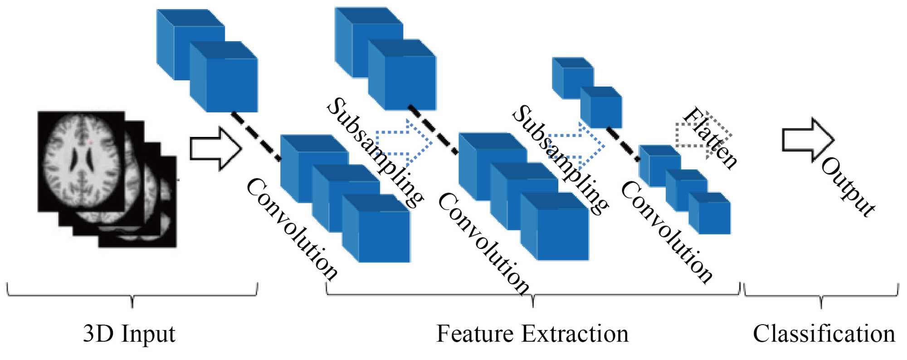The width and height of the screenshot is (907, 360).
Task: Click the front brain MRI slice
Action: coord(81,161)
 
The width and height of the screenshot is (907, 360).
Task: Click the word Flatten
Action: coord(710,138)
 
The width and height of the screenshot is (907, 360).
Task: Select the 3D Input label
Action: coord(129,334)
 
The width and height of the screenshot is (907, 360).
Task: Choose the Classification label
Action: coord(824,334)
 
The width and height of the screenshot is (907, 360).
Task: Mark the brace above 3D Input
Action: coord(132,295)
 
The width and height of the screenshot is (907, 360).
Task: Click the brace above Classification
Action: coord(821,297)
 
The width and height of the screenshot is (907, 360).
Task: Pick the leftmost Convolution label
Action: coord(292,229)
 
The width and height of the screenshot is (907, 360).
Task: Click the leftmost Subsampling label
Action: coord(375,152)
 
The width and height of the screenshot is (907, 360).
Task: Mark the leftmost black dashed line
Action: coord(256,136)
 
